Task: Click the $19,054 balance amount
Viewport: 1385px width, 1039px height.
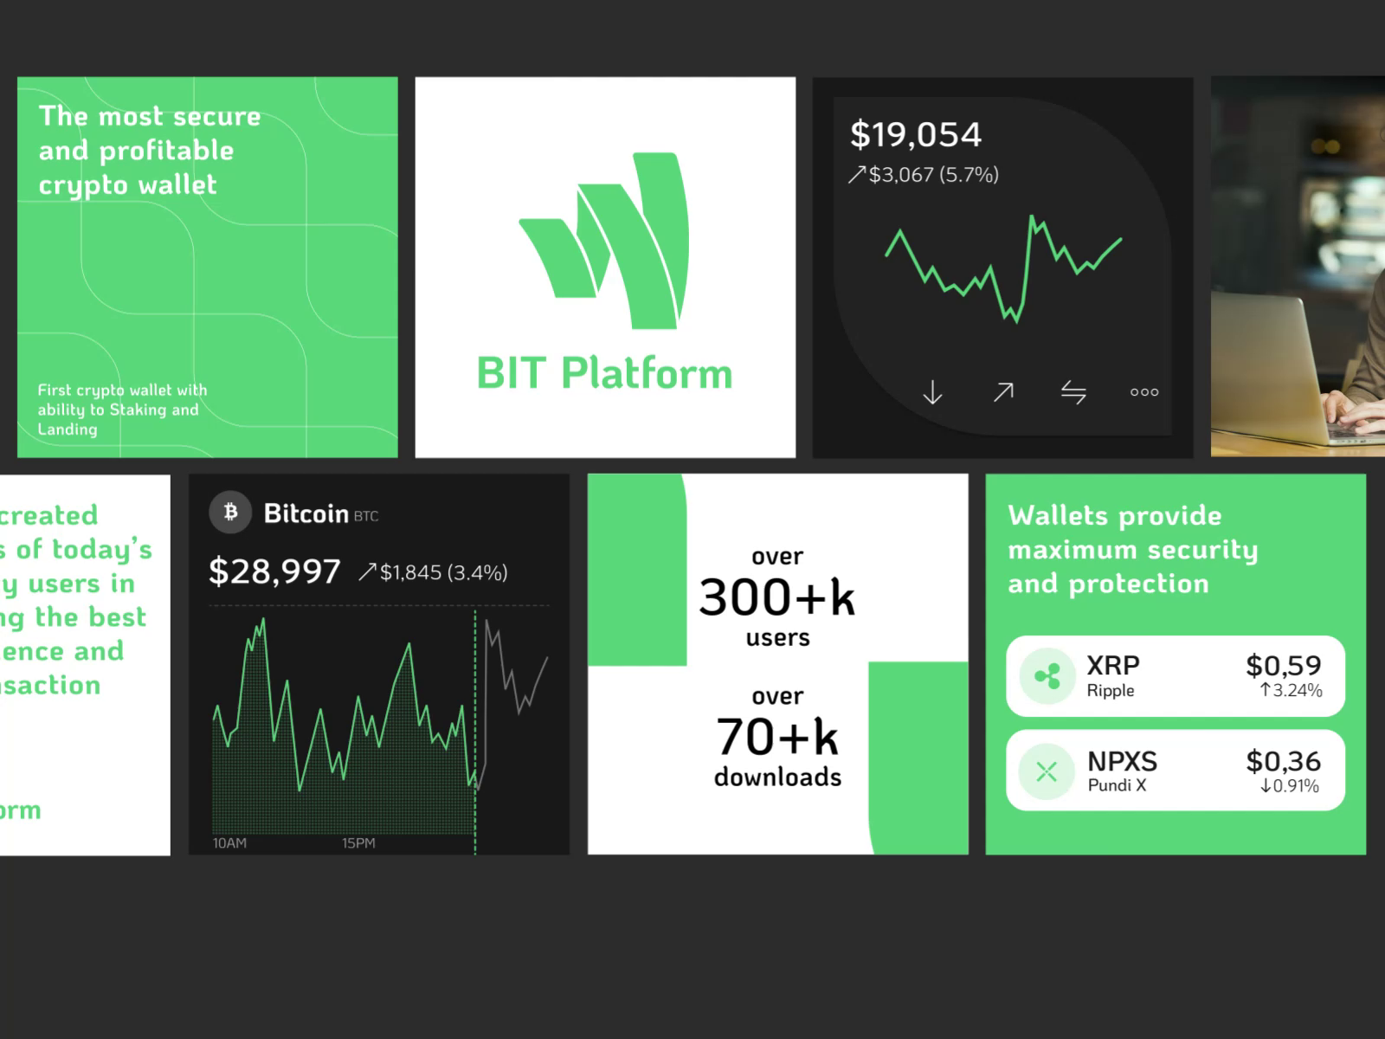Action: pos(916,135)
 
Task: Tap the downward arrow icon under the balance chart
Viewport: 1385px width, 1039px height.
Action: pos(932,392)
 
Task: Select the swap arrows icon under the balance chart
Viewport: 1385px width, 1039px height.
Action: pos(1073,392)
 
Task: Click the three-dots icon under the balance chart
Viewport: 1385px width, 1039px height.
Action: pos(1143,392)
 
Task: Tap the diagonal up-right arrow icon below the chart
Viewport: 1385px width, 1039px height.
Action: pos(1003,392)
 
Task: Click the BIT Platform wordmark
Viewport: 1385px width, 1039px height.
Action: pos(604,374)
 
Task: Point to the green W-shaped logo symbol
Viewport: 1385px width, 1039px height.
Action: pos(604,241)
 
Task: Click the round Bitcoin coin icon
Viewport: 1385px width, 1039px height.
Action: pos(230,513)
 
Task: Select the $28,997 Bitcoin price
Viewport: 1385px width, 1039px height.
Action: pos(274,571)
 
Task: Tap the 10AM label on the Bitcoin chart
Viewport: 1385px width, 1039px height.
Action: pos(229,843)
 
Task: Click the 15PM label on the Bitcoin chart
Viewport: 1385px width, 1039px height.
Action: pos(358,843)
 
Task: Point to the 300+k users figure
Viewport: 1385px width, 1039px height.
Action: pos(776,597)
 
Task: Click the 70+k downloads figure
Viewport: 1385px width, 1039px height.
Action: pos(776,738)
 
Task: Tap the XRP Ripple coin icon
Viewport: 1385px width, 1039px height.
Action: pos(1047,676)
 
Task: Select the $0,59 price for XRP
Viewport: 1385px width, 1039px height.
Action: pos(1283,666)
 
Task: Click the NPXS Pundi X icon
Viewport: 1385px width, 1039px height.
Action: pos(1047,771)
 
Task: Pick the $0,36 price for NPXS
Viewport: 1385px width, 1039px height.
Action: pos(1283,762)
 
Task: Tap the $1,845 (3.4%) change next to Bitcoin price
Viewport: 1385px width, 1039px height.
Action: pos(443,572)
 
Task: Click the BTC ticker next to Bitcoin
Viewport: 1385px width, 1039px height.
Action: pos(366,517)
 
